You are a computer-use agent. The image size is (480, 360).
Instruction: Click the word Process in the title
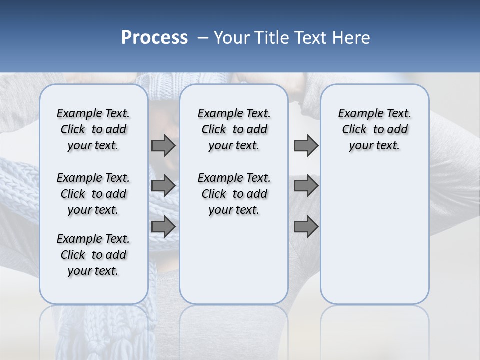tap(154, 38)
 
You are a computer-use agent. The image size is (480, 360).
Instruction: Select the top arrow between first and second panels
tap(163, 145)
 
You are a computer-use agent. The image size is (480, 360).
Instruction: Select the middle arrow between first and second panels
tap(163, 186)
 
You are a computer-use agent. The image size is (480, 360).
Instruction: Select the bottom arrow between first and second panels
tap(163, 226)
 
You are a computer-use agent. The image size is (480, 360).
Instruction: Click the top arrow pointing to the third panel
tap(306, 145)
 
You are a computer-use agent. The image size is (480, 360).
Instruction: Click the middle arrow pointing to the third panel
tap(306, 186)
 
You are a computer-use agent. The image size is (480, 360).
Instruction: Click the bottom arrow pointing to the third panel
tap(306, 226)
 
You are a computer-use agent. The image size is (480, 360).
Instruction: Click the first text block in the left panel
tap(93, 129)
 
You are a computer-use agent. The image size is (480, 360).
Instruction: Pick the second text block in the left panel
tap(93, 194)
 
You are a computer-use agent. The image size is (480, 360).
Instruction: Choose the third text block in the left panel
tap(93, 255)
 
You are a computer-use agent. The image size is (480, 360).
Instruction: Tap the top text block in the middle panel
tap(234, 129)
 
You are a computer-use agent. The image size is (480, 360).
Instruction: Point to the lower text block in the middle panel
tap(234, 194)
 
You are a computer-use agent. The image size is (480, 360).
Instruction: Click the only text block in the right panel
tap(374, 129)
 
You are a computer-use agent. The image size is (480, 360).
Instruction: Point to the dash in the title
tap(203, 38)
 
